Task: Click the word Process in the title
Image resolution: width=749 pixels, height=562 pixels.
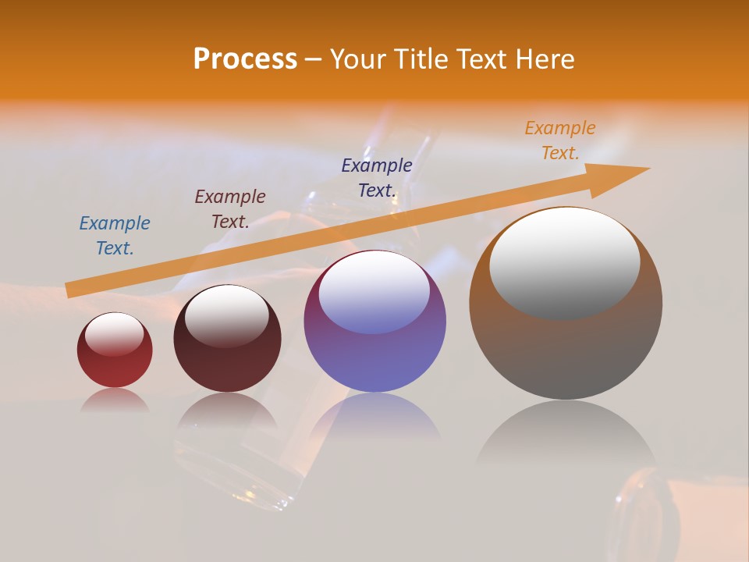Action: (x=245, y=59)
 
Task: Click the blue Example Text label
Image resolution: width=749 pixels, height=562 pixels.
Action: (x=115, y=236)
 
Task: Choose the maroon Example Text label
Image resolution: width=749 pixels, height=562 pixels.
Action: (x=230, y=209)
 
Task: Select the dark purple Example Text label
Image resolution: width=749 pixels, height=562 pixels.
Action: (x=377, y=177)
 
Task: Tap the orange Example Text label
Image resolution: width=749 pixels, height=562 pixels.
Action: (x=560, y=140)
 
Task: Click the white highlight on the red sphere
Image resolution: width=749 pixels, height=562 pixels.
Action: (x=115, y=333)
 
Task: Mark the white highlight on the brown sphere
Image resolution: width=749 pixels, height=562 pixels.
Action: (x=564, y=264)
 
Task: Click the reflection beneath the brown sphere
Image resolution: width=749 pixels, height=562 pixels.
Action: (x=566, y=437)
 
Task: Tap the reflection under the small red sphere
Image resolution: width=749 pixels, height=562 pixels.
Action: (x=115, y=400)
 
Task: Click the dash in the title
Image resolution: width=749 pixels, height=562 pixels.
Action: (x=314, y=59)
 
